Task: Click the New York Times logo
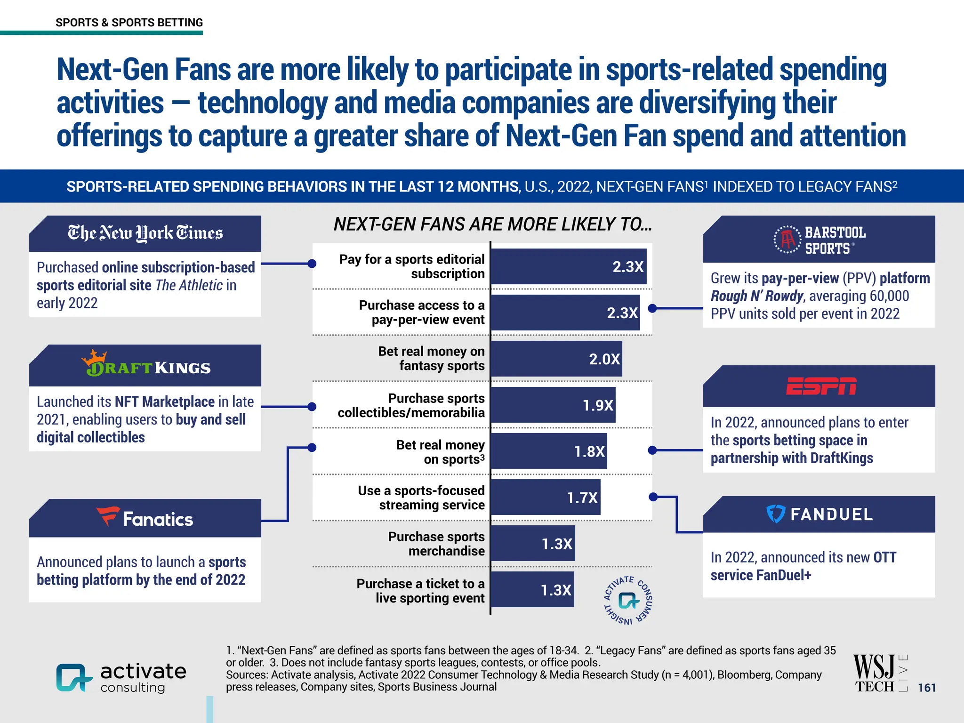tap(145, 233)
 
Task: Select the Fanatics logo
tap(145, 518)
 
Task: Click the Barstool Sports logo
tap(819, 240)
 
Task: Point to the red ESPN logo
tap(821, 386)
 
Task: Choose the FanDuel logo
tap(819, 514)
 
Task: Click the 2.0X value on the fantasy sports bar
tap(604, 359)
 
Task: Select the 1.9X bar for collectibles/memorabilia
tap(553, 405)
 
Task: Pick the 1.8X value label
tap(589, 451)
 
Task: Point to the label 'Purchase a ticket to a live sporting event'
tap(420, 591)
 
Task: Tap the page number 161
tap(926, 688)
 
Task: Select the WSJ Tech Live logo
tap(880, 674)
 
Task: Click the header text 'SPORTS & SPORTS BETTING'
tap(129, 23)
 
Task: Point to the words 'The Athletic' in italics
tap(189, 285)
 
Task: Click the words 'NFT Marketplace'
tap(165, 402)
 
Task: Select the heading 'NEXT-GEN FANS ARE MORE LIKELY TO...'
tap(492, 225)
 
